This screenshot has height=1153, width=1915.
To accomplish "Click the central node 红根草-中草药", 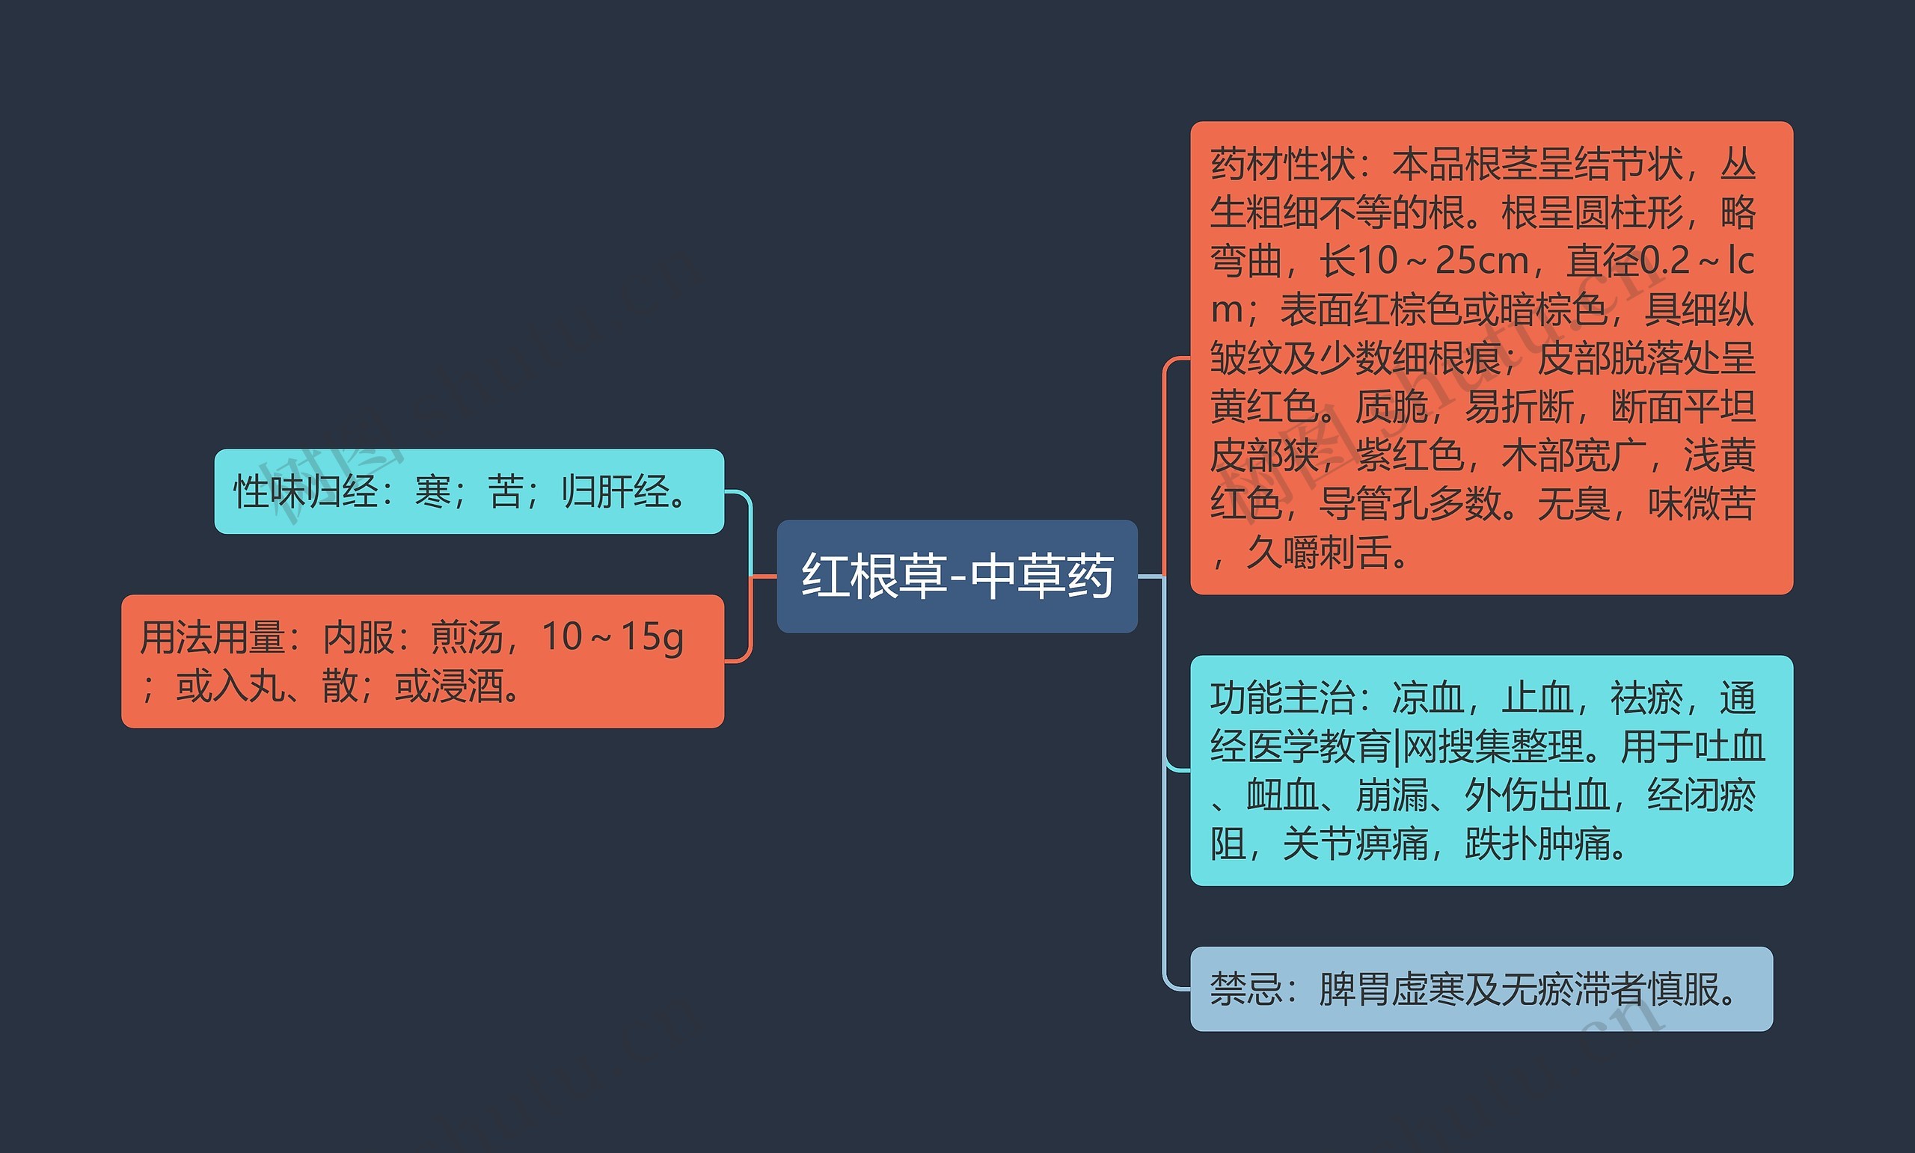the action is pyautogui.click(x=957, y=576).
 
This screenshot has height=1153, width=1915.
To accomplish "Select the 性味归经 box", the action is pyautogui.click(x=468, y=491).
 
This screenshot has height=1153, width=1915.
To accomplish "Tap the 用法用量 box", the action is pyautogui.click(x=422, y=661).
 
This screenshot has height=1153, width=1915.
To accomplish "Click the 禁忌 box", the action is pyautogui.click(x=1480, y=989).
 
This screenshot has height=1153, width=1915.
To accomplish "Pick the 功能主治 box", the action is pyautogui.click(x=1491, y=770).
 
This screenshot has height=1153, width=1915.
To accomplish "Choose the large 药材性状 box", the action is pyautogui.click(x=1491, y=357).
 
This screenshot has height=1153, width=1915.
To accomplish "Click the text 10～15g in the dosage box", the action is pyautogui.click(x=613, y=637).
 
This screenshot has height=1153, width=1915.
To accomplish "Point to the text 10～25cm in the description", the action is pyautogui.click(x=1442, y=261).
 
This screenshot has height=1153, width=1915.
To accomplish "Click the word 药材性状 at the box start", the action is pyautogui.click(x=1282, y=165).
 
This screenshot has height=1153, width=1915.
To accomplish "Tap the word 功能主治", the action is pyautogui.click(x=1282, y=698).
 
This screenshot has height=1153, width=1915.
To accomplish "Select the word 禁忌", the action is pyautogui.click(x=1245, y=990).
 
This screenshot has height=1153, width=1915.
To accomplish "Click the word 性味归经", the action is pyautogui.click(x=306, y=492).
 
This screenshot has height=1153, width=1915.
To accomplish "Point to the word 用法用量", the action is pyautogui.click(x=212, y=638).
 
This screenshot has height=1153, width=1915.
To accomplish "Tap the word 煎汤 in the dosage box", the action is pyautogui.click(x=467, y=638).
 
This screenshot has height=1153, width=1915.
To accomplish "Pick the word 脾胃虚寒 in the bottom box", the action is pyautogui.click(x=1391, y=990).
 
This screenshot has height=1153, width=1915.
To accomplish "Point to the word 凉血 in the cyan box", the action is pyautogui.click(x=1428, y=698).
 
